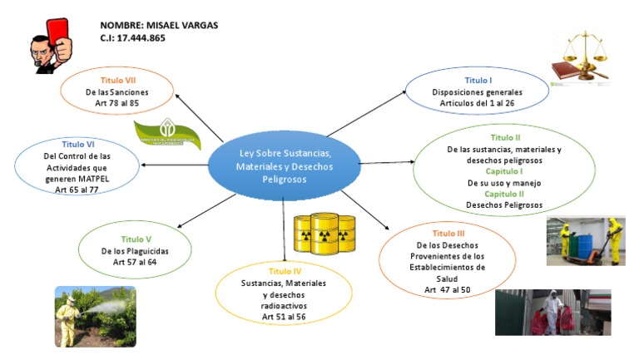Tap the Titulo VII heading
tap(117, 81)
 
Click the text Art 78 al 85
tap(117, 102)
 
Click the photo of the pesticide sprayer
tap(95, 315)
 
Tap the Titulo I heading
tap(478, 81)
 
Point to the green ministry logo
tap(169, 135)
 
